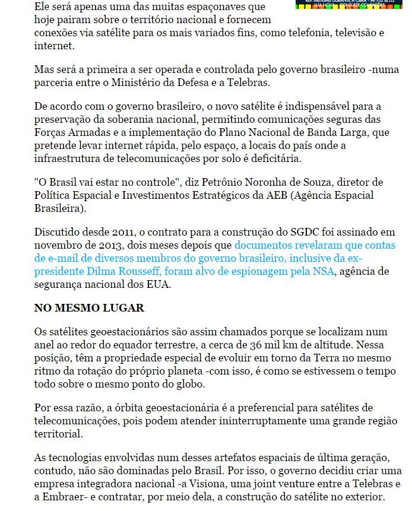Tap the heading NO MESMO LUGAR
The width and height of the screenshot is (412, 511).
(89, 309)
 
